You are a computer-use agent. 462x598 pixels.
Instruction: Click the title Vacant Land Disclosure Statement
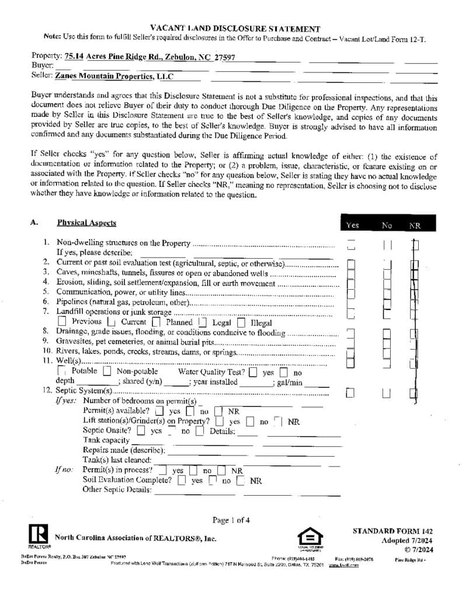pos(235,28)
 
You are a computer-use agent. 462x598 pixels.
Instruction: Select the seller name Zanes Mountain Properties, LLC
pos(114,76)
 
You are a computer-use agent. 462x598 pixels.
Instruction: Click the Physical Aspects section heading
pos(86,222)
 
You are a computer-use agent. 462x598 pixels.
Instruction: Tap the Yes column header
pos(352,225)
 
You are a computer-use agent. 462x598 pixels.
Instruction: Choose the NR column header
pos(414,225)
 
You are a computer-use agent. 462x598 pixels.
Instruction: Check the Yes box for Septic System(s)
pos(350,393)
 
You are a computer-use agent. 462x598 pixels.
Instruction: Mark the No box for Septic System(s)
pos(386,393)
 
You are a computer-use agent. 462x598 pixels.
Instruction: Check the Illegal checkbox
pos(241,322)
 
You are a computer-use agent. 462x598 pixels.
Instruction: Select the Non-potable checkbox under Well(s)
pos(107,371)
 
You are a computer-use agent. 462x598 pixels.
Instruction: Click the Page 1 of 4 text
pos(231,520)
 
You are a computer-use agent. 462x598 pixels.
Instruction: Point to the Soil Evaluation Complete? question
pos(127,480)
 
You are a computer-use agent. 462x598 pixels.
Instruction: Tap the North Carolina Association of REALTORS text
pos(136,537)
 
